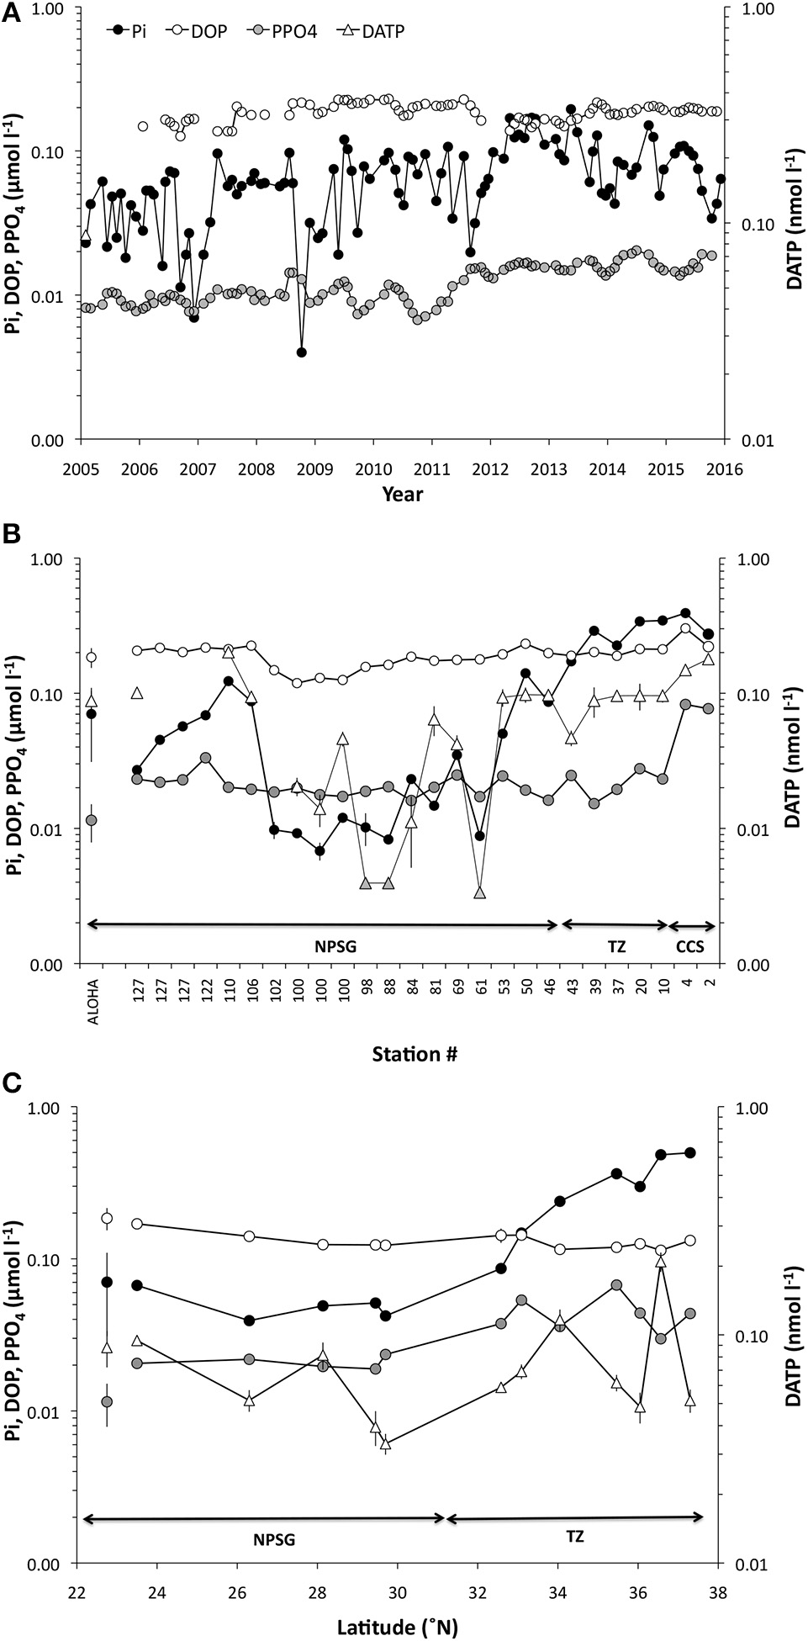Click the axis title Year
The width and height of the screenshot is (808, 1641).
pos(402,494)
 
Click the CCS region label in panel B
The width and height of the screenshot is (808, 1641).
pos(690,946)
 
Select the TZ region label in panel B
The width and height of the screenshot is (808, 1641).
pos(616,946)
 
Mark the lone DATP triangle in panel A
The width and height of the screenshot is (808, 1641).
pos(86,237)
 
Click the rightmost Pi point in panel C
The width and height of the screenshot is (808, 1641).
pos(690,1152)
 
